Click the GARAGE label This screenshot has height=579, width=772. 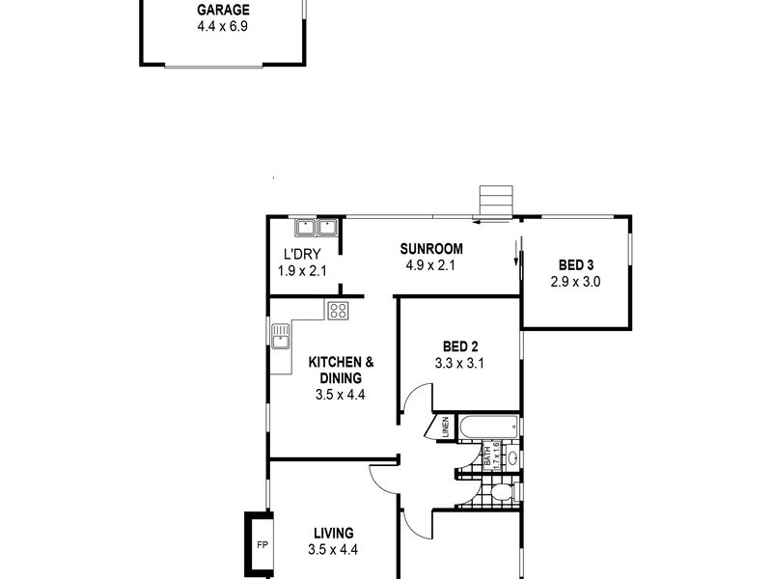click(223, 11)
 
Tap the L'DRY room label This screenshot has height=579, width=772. click(302, 255)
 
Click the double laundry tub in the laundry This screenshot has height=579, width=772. click(317, 228)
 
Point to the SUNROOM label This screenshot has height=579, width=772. click(432, 249)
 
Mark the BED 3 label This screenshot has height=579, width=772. click(576, 266)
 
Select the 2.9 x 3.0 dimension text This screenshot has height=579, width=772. click(576, 283)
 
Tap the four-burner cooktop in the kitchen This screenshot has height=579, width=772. click(338, 310)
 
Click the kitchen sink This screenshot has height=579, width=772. click(281, 336)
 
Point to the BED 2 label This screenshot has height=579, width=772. click(460, 346)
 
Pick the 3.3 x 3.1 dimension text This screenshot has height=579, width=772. click(460, 364)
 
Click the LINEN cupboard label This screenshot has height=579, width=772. click(445, 427)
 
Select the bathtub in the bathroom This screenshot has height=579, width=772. click(489, 427)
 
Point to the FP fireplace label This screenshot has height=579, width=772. click(261, 545)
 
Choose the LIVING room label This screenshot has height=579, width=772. click(333, 533)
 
